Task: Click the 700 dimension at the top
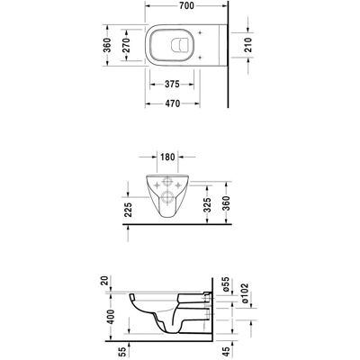186,6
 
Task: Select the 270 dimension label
126,45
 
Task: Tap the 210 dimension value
248,45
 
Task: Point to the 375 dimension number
172,85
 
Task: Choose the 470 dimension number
173,103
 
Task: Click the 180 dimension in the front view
167,157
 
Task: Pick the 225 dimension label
128,210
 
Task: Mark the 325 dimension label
207,205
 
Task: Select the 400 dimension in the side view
111,317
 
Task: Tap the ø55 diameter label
227,284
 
